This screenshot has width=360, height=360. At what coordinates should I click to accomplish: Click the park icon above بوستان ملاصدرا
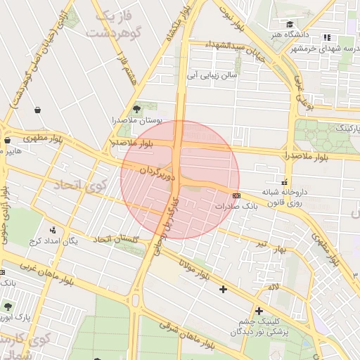point(136,109)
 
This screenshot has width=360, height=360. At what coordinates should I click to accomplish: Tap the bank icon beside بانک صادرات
point(236,195)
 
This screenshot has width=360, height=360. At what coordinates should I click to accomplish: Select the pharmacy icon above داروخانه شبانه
point(284,181)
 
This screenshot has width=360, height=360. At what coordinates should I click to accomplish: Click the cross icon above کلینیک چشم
point(259,310)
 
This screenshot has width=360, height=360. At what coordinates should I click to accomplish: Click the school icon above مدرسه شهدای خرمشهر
point(326,37)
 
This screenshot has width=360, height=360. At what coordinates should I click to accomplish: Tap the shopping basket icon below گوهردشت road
point(36,110)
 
